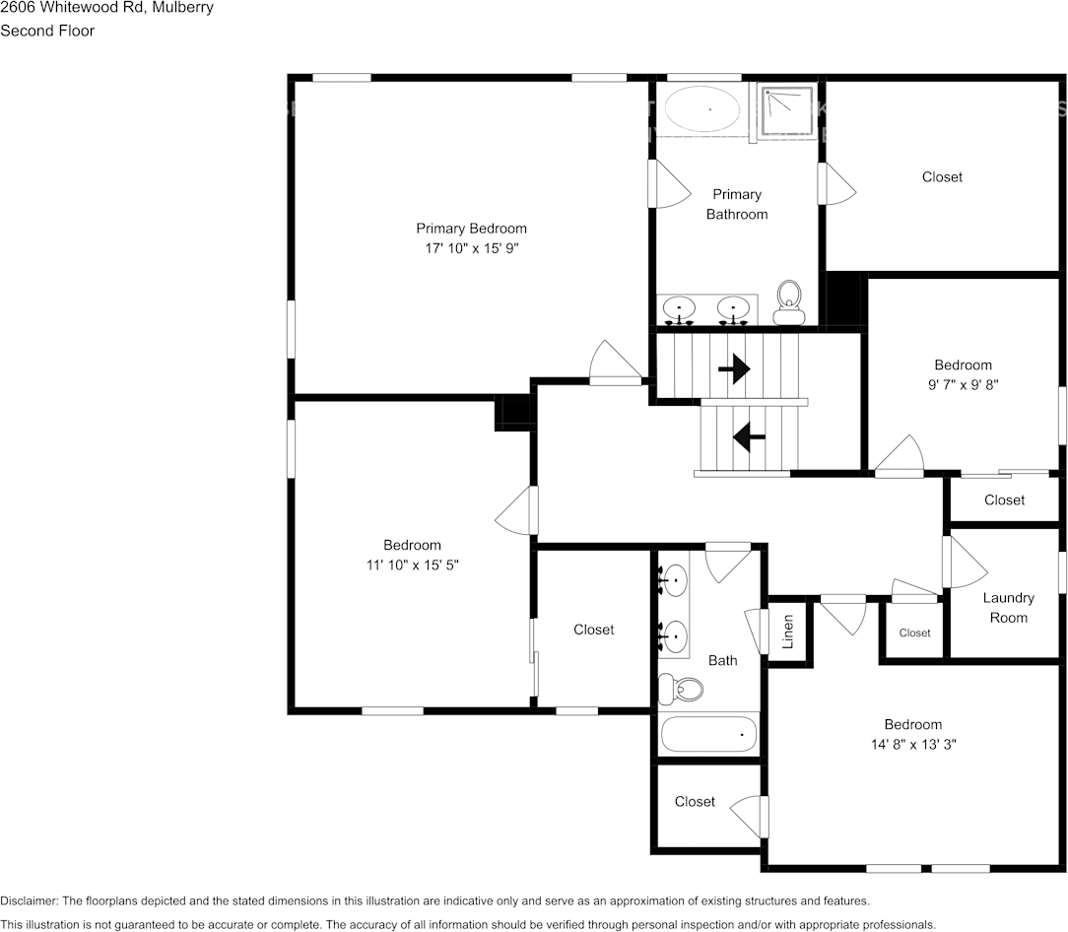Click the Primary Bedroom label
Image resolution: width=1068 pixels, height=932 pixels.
tap(471, 229)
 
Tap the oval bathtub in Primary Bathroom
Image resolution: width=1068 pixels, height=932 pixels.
tap(704, 108)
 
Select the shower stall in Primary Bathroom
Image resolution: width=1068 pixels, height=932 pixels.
tap(787, 111)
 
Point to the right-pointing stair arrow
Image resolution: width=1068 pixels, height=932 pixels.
tap(734, 369)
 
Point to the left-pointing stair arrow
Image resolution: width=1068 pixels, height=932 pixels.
tap(749, 435)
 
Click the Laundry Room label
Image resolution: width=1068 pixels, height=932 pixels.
tap(1008, 608)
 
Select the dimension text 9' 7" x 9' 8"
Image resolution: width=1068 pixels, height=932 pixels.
tap(963, 385)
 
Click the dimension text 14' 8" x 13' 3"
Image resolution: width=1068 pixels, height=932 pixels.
tap(912, 745)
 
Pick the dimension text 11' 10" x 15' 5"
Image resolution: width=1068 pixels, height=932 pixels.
tap(412, 566)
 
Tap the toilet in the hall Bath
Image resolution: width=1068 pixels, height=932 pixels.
tap(679, 687)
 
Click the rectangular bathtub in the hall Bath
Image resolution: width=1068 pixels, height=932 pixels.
tap(708, 735)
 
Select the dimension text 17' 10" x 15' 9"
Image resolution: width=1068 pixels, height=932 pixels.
tap(471, 249)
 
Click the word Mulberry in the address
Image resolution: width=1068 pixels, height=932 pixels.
tap(181, 8)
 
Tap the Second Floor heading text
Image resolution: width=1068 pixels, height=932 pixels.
tap(47, 31)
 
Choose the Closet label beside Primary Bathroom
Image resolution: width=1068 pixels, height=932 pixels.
tap(942, 177)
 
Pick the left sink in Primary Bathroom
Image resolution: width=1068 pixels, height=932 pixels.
tap(679, 309)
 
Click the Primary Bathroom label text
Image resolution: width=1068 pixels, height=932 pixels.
tap(737, 204)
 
